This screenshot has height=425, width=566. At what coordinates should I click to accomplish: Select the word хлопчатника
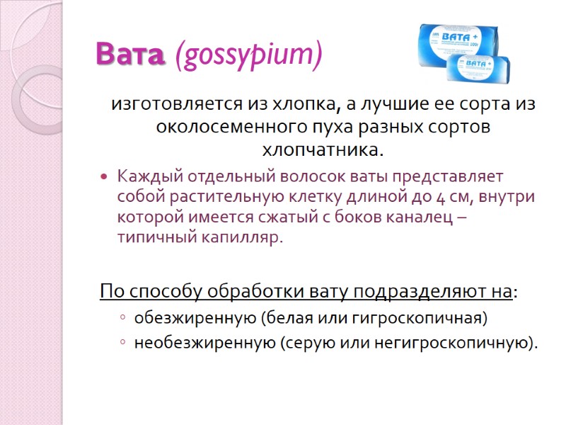tap(323, 151)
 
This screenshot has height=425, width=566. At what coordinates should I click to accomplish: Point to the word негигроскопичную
tap(459, 344)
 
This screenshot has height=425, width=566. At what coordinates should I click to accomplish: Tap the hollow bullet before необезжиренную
tap(122, 344)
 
